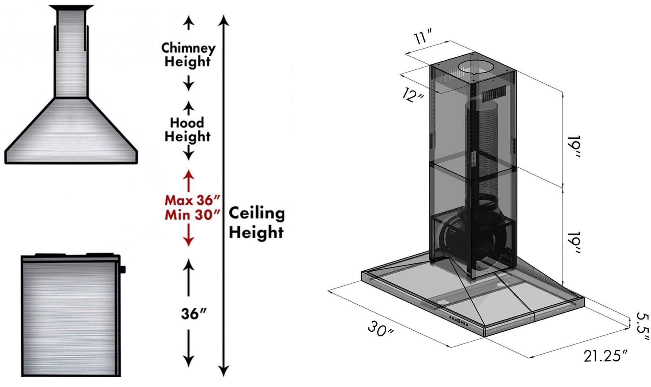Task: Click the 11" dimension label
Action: [x=423, y=36]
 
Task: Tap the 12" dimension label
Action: [x=413, y=95]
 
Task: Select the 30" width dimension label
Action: [x=380, y=329]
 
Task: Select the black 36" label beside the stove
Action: [x=193, y=314]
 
